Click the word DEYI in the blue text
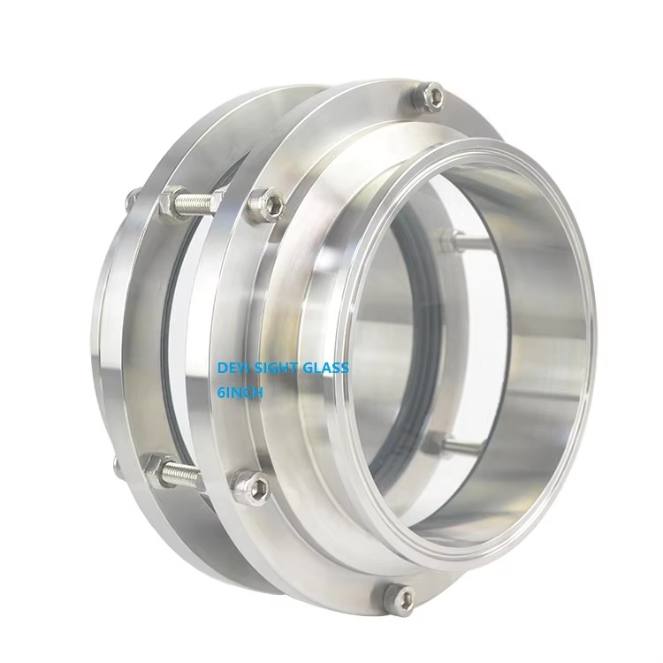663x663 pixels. click(x=232, y=368)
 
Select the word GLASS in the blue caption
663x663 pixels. click(x=325, y=368)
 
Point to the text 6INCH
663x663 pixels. click(x=240, y=392)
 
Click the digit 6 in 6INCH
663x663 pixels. click(x=221, y=392)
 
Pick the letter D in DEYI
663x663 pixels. click(x=221, y=368)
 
